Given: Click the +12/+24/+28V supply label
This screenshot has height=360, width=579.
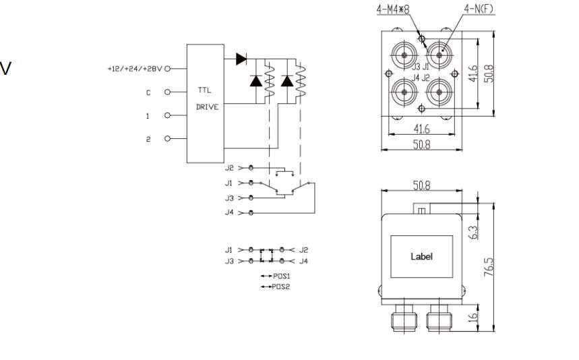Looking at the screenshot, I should [x=134, y=69].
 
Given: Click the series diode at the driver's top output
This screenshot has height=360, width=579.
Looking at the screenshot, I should [x=241, y=59].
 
